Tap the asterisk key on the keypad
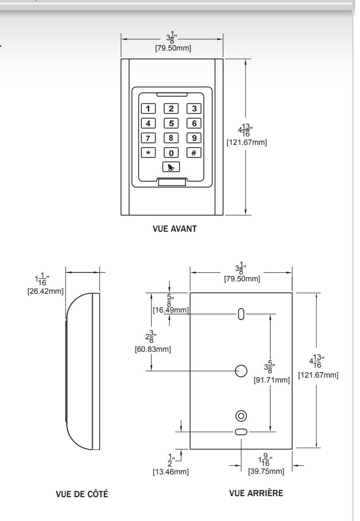tap(148, 152)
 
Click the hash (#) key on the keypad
tap(193, 152)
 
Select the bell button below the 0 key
tap(171, 167)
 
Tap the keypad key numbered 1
tap(148, 108)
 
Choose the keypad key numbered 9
tap(193, 137)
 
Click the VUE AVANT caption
tap(175, 229)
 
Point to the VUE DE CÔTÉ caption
tap(82, 494)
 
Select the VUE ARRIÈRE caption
tap(256, 493)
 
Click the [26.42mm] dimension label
tap(46, 291)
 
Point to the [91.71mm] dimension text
tap(272, 380)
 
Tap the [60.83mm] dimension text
tap(153, 349)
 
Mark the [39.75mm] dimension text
tap(266, 471)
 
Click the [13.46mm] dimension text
tap(171, 472)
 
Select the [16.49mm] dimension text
tap(171, 310)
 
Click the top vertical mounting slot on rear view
tap(241, 314)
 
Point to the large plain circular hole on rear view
tap(241, 371)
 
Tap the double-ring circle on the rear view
tap(241, 416)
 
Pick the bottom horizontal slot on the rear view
tap(241, 432)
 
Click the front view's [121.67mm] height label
tap(247, 142)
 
